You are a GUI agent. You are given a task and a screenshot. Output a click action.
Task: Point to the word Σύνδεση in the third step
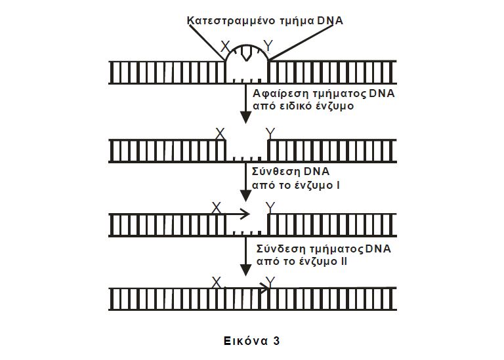275,249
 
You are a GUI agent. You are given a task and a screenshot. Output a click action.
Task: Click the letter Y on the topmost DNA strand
267,46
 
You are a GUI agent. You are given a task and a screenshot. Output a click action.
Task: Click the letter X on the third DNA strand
216,208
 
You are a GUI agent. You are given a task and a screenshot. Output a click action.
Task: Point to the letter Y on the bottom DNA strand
269,283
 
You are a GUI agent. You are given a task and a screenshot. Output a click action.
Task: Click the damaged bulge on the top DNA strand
246,55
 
